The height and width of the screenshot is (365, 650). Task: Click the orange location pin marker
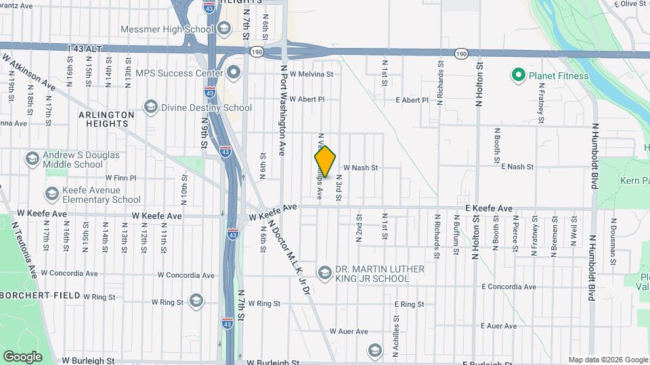click(325, 161)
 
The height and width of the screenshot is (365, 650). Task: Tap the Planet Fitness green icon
click(519, 75)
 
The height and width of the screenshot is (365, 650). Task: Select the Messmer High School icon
click(225, 29)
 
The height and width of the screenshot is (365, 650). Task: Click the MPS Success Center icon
click(234, 72)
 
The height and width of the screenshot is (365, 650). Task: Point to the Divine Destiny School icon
click(150, 107)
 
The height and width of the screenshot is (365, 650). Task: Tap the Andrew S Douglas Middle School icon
click(32, 159)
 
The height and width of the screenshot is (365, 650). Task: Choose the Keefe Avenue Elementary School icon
click(51, 194)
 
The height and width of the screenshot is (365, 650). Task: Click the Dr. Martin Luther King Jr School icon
click(325, 273)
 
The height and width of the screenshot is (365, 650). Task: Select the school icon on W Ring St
click(196, 301)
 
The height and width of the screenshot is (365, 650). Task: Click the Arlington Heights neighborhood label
click(106, 119)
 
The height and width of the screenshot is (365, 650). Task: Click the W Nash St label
click(360, 167)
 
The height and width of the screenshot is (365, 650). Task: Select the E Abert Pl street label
click(412, 100)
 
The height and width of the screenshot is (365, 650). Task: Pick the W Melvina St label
click(311, 74)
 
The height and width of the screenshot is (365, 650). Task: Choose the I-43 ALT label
click(84, 49)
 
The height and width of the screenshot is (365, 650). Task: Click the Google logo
click(22, 356)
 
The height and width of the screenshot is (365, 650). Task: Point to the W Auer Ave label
click(348, 331)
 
